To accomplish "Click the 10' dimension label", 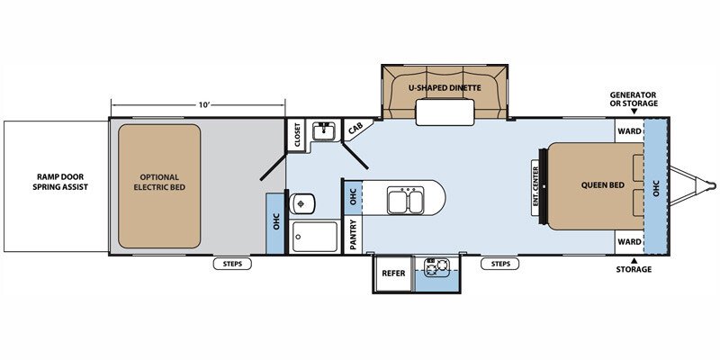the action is (204, 104).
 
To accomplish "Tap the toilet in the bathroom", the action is (302, 203).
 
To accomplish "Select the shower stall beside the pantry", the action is (315, 237).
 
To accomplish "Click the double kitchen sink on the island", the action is (405, 200).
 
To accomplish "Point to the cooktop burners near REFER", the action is (436, 267).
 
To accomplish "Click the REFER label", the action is (394, 274).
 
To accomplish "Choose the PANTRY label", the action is (353, 235).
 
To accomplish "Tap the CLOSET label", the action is (297, 134).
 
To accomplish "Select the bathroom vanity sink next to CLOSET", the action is (326, 131).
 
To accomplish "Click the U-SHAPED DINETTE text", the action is (445, 87).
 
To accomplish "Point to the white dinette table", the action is (445, 112).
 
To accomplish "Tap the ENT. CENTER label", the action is (535, 188).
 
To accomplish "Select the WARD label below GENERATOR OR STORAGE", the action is (629, 131).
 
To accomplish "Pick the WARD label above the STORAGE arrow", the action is (629, 241).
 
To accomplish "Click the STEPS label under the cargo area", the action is (232, 264).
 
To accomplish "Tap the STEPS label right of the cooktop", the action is (500, 264).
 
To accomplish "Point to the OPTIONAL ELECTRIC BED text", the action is (159, 183).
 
